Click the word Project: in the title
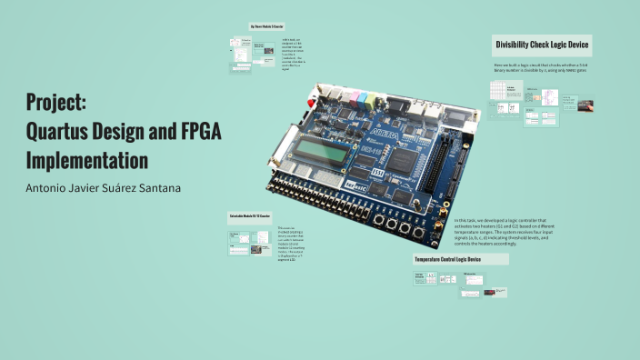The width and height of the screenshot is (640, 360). click(55, 102)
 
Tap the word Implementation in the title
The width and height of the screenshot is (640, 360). click(87, 161)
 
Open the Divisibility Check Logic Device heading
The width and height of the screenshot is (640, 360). click(542, 45)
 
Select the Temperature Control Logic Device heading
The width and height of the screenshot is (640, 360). click(460, 259)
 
